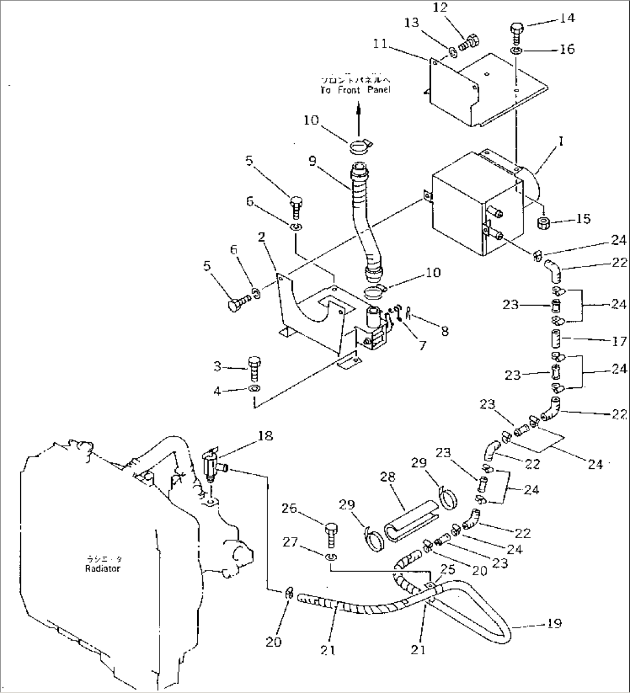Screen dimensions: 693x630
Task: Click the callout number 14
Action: click(568, 18)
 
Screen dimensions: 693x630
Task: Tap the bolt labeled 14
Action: click(517, 33)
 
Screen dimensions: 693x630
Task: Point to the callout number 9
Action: click(312, 161)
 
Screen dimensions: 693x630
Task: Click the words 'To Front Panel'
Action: click(355, 90)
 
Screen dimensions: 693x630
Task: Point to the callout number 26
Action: click(290, 509)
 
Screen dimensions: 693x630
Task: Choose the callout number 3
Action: click(217, 366)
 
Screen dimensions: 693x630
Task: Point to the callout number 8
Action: click(444, 332)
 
